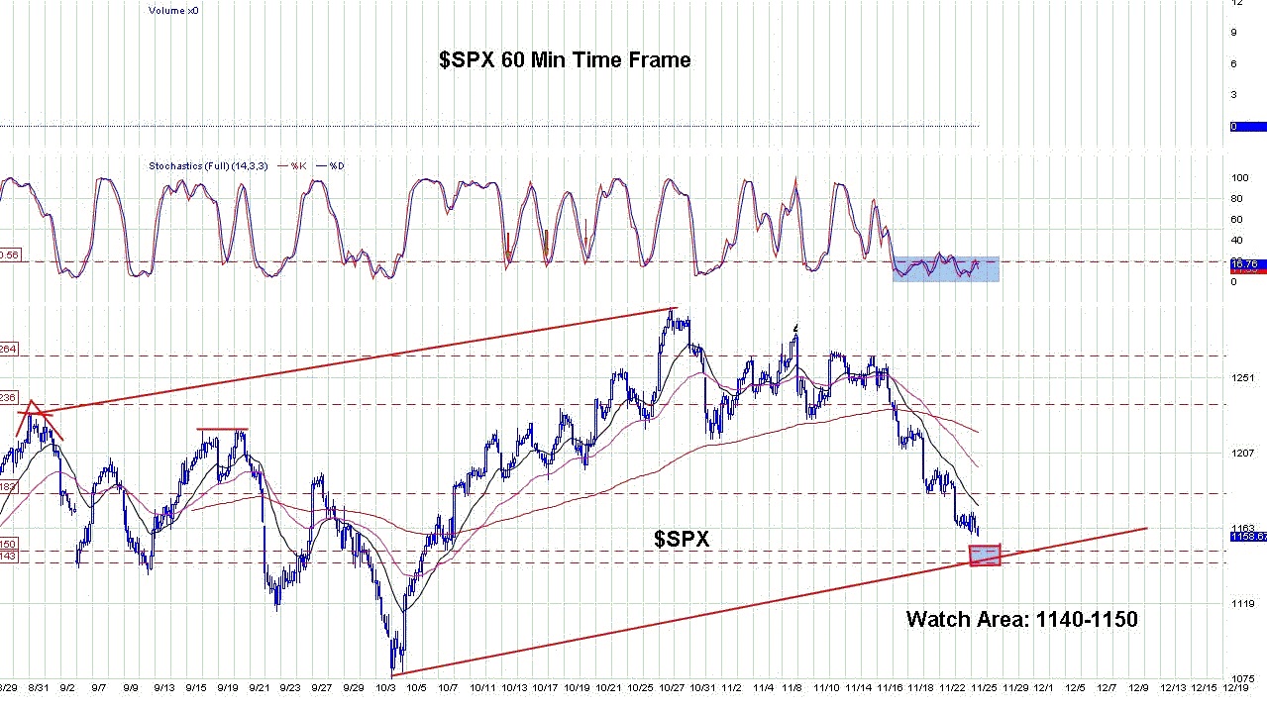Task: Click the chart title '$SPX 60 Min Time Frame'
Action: tap(565, 60)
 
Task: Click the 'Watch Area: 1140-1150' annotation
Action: tap(1021, 620)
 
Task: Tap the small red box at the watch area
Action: tap(985, 556)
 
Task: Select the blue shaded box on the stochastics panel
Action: tap(945, 268)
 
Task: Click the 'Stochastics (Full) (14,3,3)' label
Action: tap(208, 165)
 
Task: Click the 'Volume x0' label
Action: tap(173, 10)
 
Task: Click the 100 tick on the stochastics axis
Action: tap(1238, 178)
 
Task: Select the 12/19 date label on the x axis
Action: tap(1235, 686)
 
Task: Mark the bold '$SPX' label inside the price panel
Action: tap(682, 539)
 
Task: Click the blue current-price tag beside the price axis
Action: tap(1246, 536)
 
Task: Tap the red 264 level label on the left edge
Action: tap(8, 349)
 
